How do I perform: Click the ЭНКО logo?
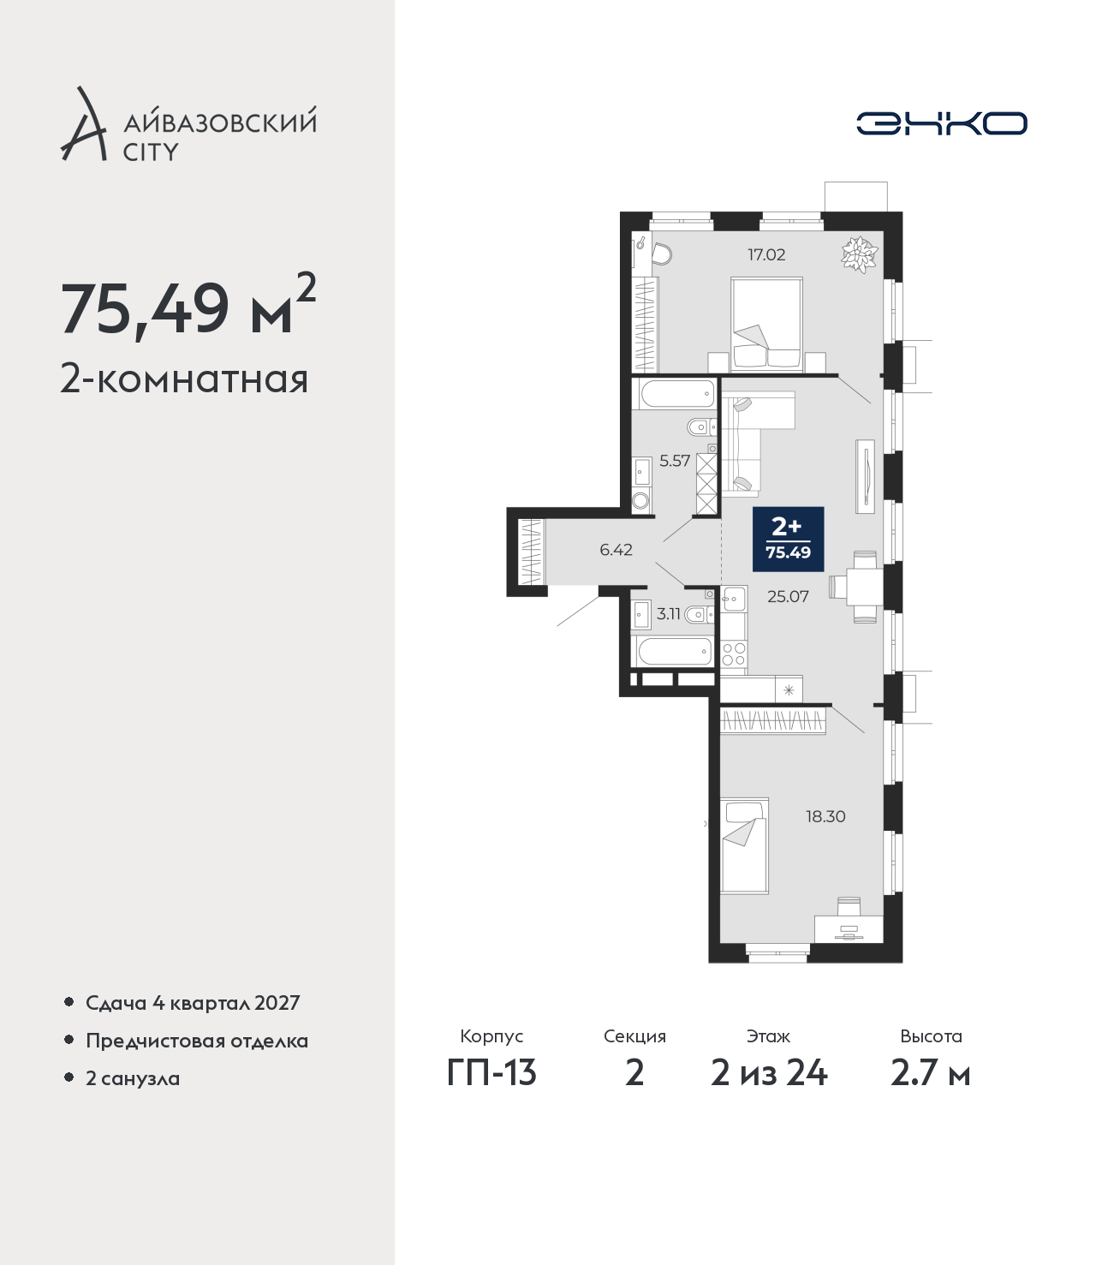(941, 123)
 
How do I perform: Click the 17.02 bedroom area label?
(766, 254)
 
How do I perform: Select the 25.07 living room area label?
(788, 596)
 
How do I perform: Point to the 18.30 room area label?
(825, 816)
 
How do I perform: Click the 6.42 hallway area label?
(616, 550)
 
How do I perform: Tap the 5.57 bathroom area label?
(675, 461)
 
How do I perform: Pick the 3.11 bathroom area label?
(668, 614)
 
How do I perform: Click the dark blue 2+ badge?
(789, 540)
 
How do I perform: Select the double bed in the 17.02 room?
(766, 325)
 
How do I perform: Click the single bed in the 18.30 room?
(744, 846)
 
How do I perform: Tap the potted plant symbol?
(860, 254)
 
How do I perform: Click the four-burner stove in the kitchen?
(733, 653)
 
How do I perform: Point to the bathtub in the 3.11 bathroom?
(674, 651)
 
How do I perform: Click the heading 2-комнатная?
(184, 379)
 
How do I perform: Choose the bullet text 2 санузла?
(133, 1077)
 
